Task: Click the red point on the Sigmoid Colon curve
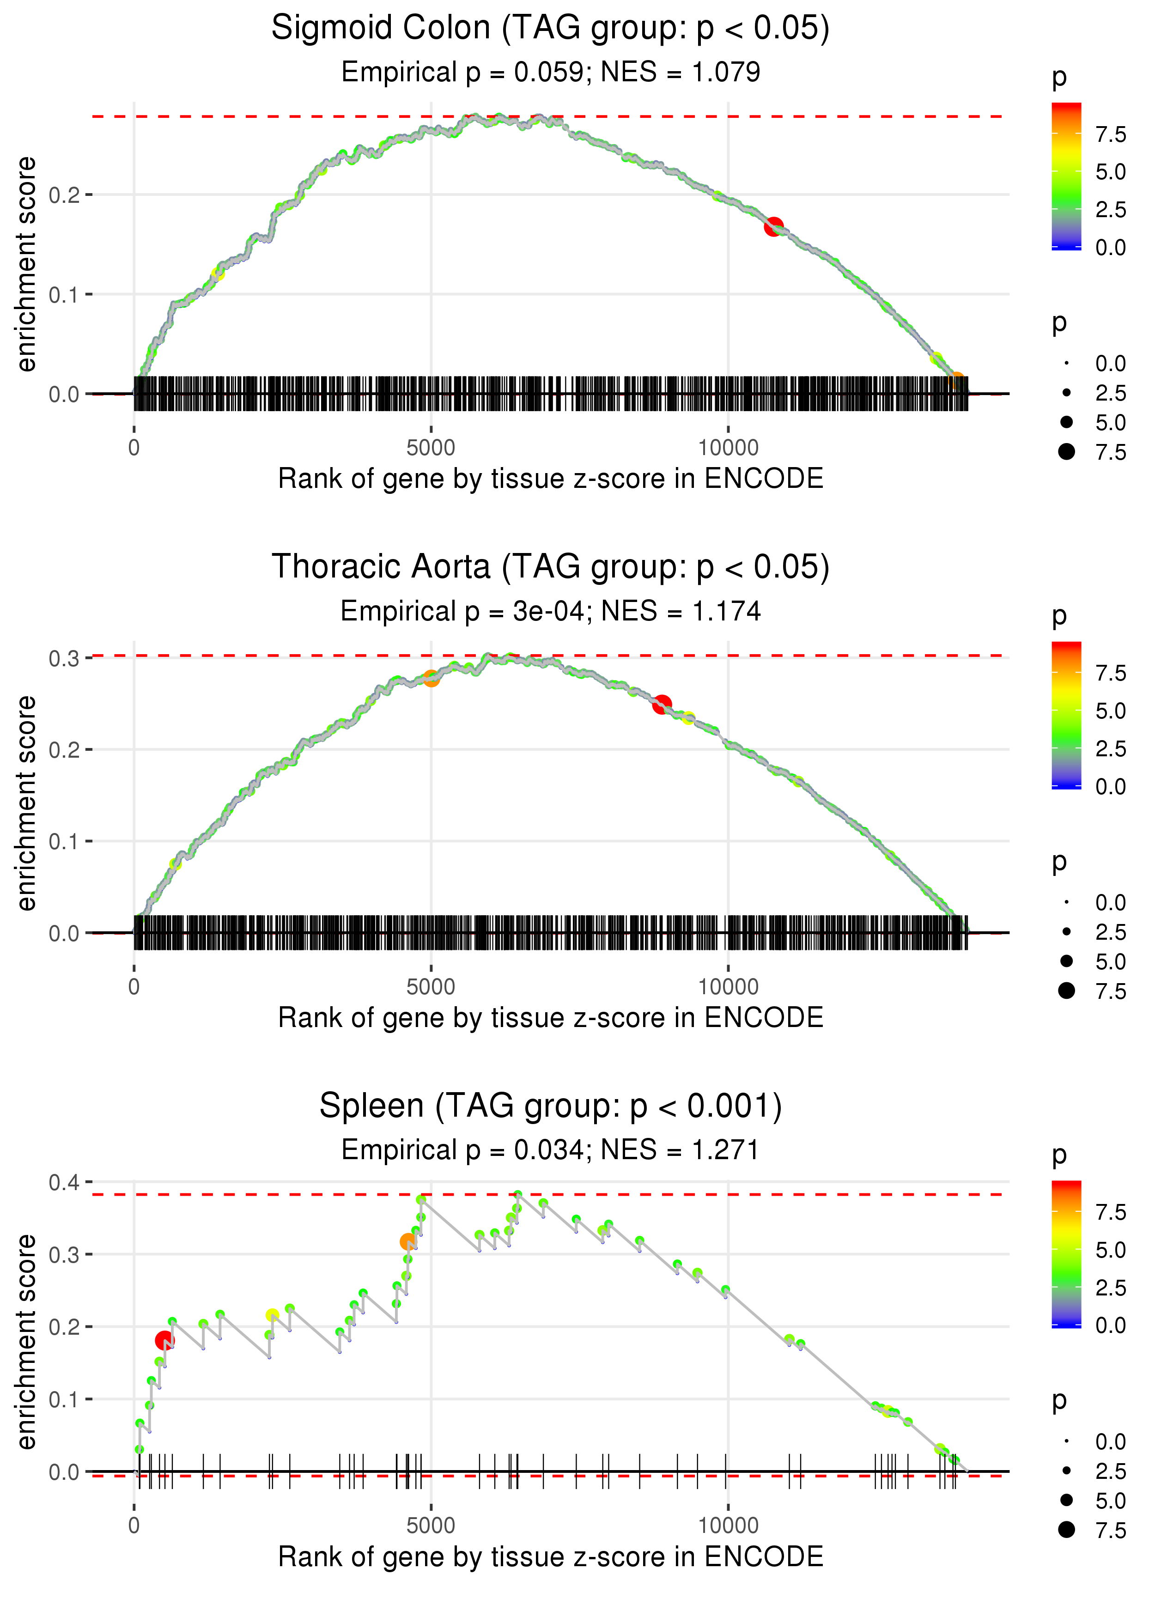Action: pyautogui.click(x=774, y=227)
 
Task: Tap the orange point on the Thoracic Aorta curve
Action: pyautogui.click(x=431, y=678)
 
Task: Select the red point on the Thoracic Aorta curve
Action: pyautogui.click(x=662, y=704)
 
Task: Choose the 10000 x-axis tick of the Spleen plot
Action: pyautogui.click(x=728, y=1526)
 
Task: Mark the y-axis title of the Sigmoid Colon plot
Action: pyautogui.click(x=26, y=265)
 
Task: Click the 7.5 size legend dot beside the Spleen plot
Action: pyautogui.click(x=1066, y=1530)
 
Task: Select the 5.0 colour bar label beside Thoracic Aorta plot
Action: pyautogui.click(x=1110, y=711)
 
